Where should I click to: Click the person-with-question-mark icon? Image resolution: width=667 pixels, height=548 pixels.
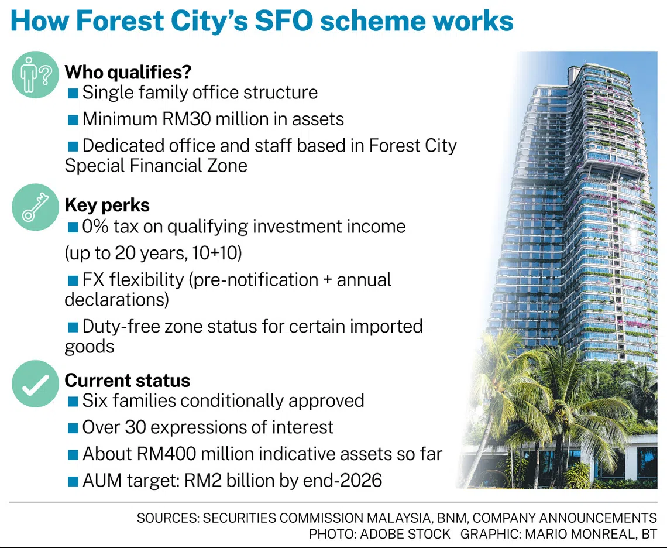click(x=35, y=74)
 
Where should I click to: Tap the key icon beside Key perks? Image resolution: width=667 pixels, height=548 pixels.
click(x=35, y=207)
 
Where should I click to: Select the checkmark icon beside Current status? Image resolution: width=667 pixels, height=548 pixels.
click(x=35, y=383)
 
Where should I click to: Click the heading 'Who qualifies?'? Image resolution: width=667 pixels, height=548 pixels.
click(x=128, y=73)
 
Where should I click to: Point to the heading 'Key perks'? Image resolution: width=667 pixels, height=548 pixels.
click(x=106, y=205)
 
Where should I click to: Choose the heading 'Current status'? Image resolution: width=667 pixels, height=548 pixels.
click(x=127, y=381)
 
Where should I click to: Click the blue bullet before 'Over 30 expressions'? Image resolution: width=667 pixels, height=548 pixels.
click(x=73, y=428)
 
